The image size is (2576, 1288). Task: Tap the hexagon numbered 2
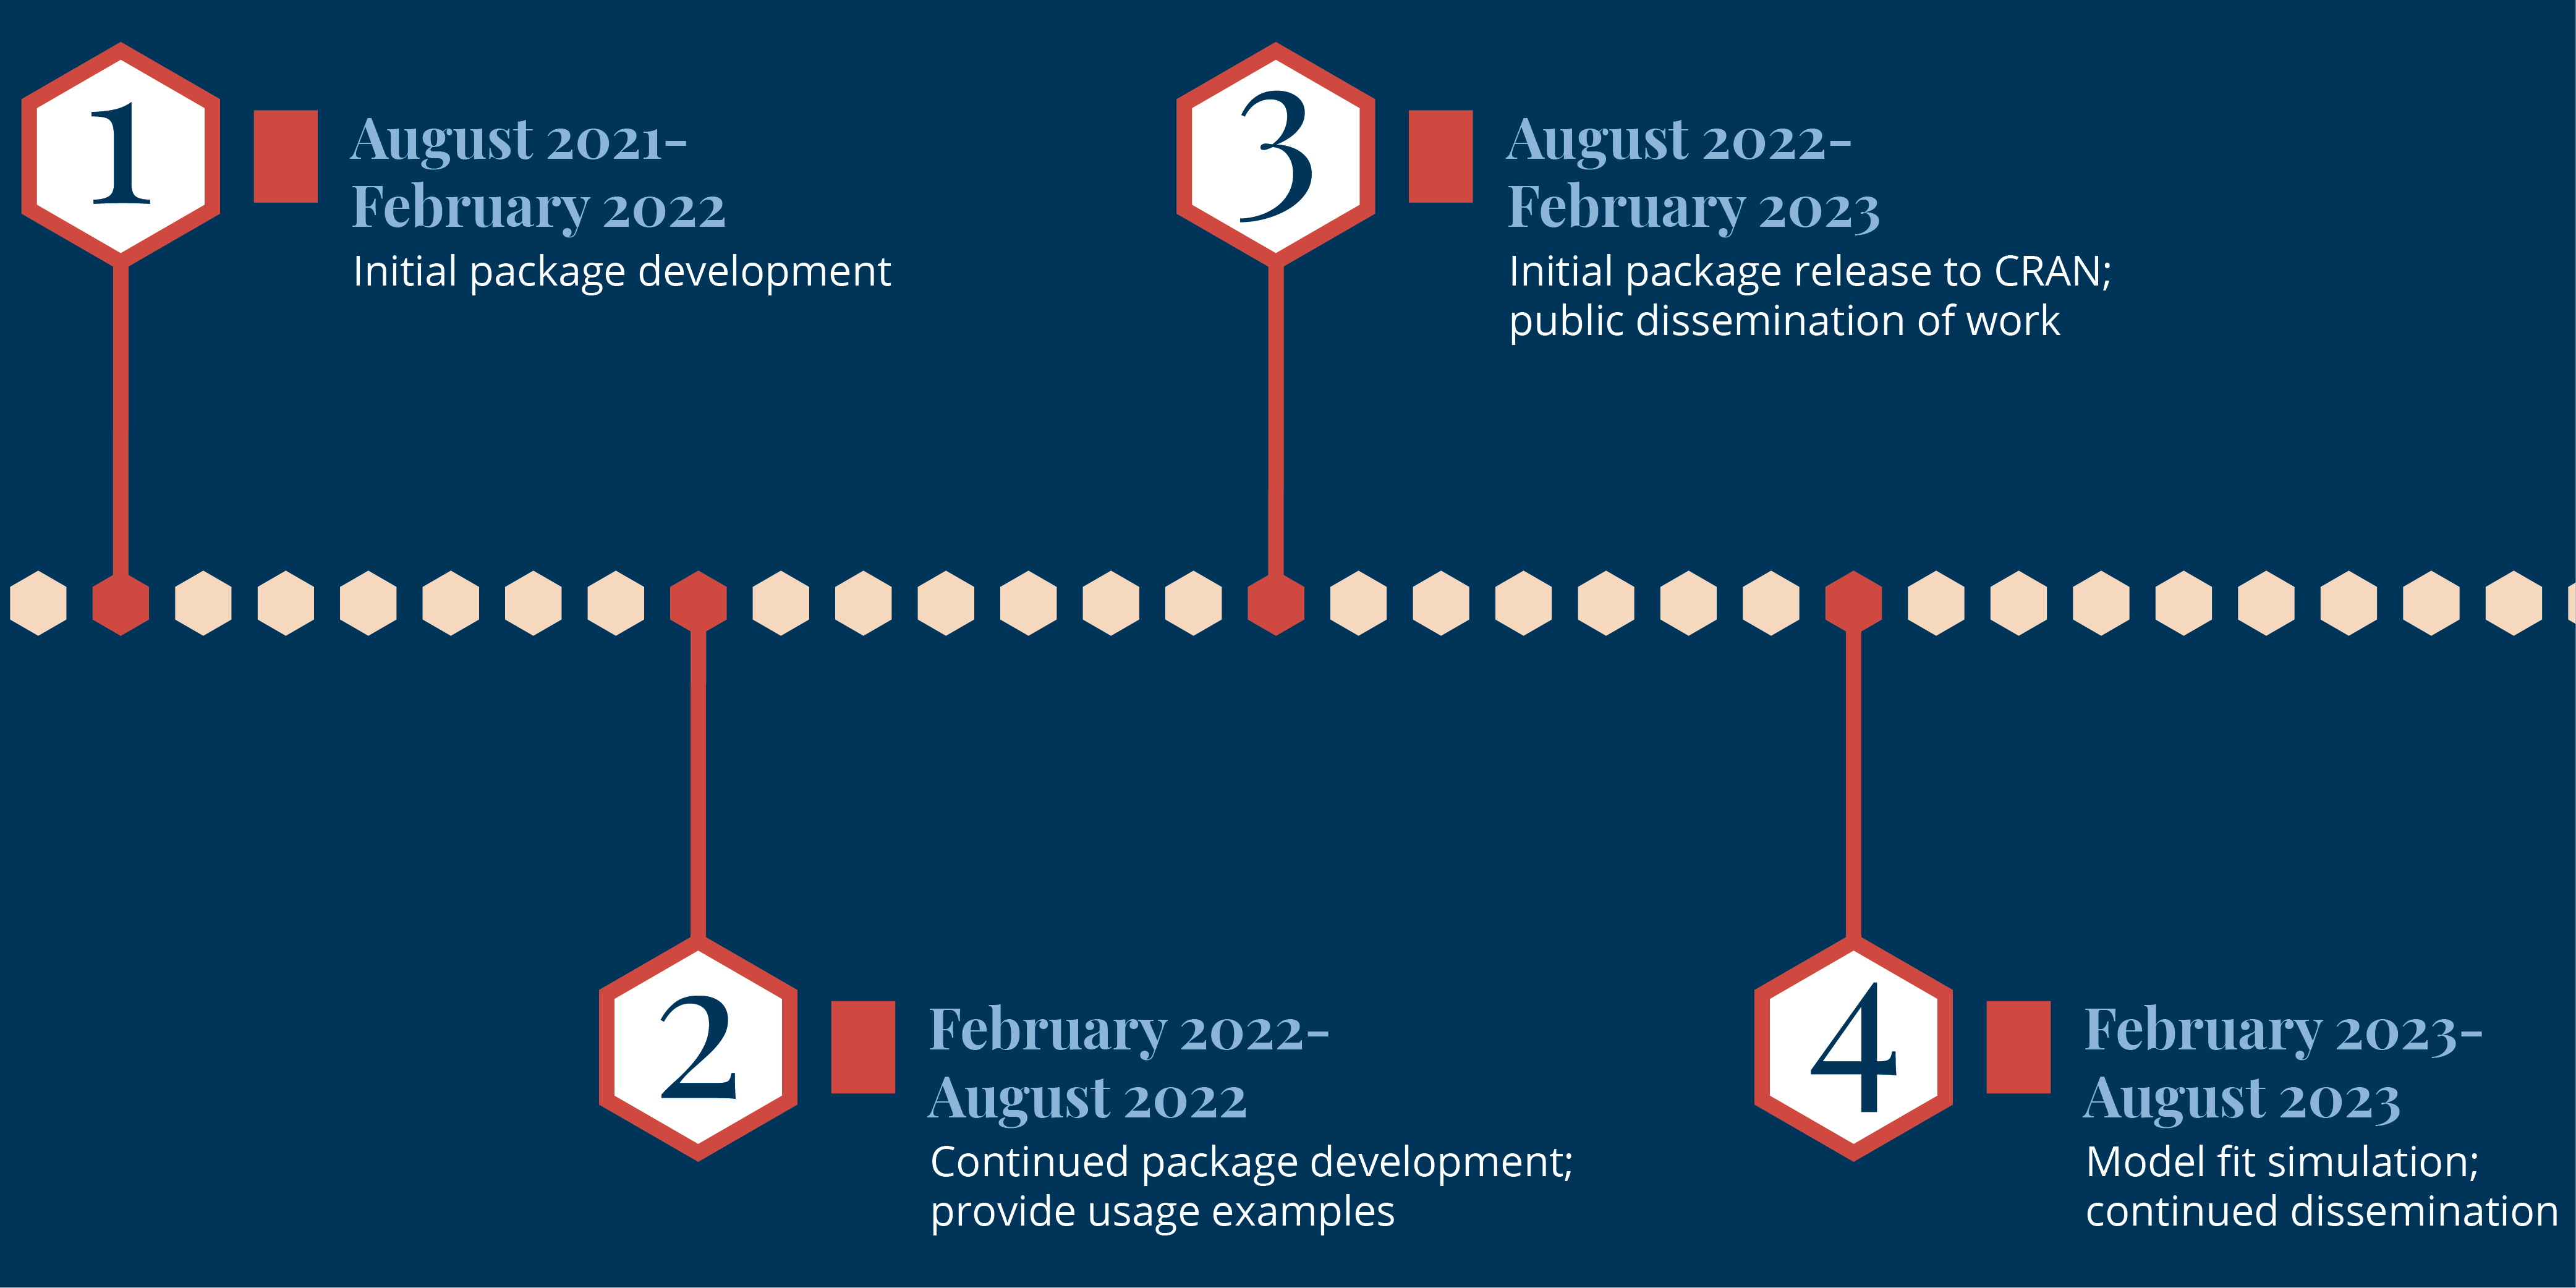pos(698,1049)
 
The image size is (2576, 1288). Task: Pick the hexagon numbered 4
pos(1853,1049)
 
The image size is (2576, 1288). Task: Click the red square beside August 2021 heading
pos(286,156)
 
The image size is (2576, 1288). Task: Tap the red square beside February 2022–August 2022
pos(863,1047)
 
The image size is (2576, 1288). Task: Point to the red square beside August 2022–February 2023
pos(1441,156)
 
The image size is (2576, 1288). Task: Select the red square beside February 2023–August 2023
pos(2018,1047)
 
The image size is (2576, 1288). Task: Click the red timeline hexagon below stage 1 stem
pos(121,603)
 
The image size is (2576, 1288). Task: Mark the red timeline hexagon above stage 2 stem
pos(698,603)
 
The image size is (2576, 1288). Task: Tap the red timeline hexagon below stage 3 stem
pos(1276,603)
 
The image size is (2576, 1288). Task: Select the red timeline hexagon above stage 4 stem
pos(1853,603)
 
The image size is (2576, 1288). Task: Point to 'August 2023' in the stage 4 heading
pos(2242,1099)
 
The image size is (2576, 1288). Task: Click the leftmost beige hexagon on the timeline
pos(38,603)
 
